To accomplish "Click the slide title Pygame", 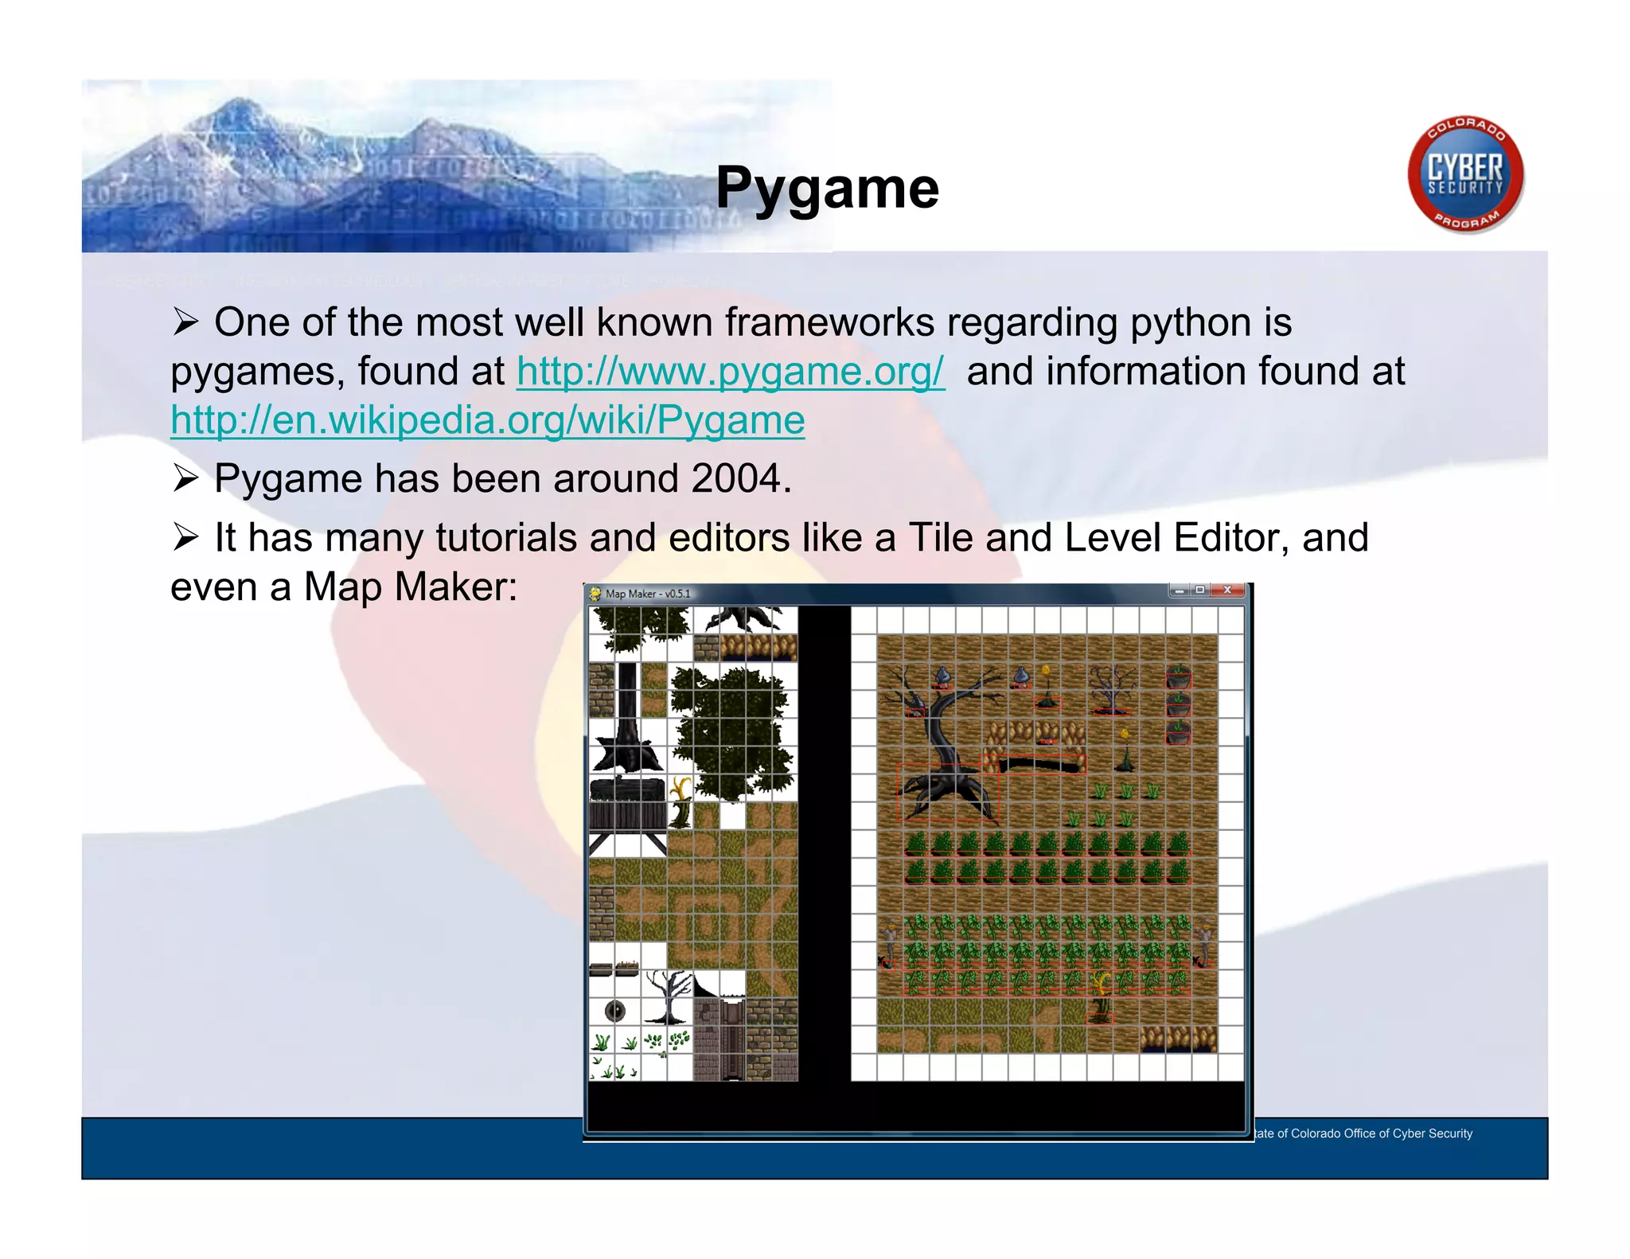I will [x=827, y=189].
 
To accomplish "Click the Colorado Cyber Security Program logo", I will [x=1465, y=175].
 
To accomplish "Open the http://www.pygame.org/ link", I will [x=730, y=372].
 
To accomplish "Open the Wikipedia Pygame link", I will [x=487, y=420].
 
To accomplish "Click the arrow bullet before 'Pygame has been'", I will [x=185, y=479].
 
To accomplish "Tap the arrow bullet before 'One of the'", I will [x=185, y=322].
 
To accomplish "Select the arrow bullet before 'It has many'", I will [x=185, y=538].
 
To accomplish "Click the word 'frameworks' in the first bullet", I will [x=829, y=322].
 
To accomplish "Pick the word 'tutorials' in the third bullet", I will [x=505, y=538].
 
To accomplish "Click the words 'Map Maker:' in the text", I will [x=410, y=587].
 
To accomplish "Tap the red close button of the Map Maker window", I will [x=1227, y=591].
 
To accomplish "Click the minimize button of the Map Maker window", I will [x=1180, y=591].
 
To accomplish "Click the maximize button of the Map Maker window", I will [x=1199, y=591].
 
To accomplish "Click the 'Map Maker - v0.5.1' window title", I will [x=648, y=594].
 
